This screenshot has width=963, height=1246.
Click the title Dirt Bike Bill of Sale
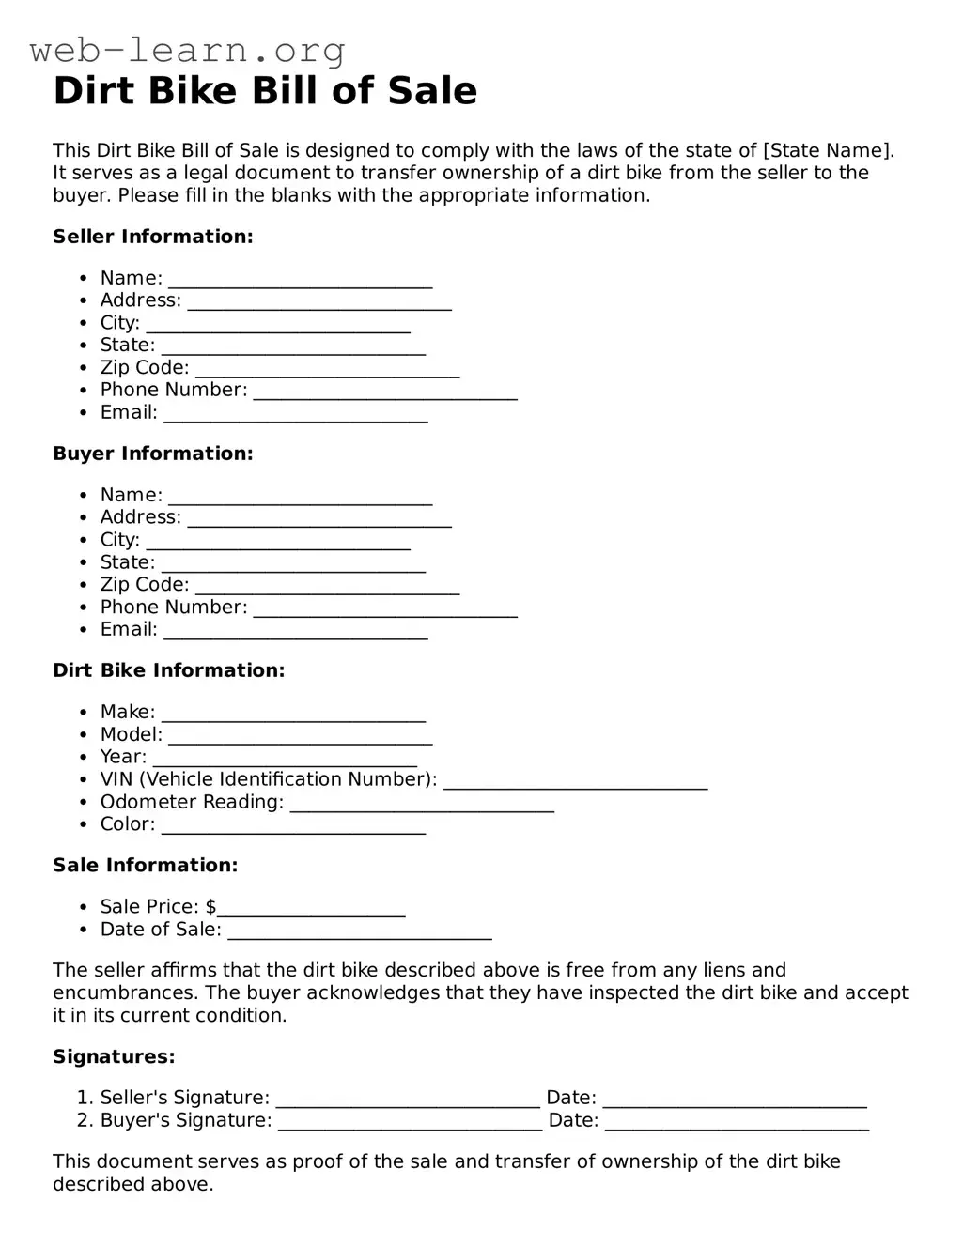pos(265,91)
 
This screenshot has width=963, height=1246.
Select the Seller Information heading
pos(153,237)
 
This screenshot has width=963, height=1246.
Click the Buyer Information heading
pos(153,454)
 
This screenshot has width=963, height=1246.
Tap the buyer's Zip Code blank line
pos(327,587)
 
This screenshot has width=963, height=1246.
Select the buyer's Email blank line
pos(296,632)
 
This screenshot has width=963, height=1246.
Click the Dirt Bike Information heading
pos(169,670)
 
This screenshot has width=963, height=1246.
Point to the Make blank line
pos(293,715)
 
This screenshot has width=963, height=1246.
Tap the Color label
pos(128,824)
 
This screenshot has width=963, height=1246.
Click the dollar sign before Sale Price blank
pos(210,907)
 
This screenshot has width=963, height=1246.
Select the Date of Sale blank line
pos(360,931)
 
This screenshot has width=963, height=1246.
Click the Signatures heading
pos(114,1057)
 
